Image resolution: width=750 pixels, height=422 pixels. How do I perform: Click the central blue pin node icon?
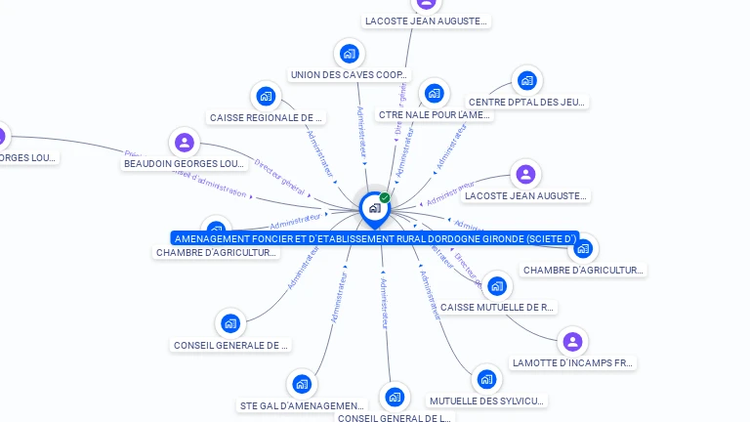coord(373,208)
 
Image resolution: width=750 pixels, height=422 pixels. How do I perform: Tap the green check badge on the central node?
coord(385,197)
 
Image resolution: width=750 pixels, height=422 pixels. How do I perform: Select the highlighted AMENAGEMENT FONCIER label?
coord(375,238)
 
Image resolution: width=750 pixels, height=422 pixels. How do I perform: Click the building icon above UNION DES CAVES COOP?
coord(349,54)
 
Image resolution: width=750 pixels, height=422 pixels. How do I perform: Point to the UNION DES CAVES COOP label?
coord(350,75)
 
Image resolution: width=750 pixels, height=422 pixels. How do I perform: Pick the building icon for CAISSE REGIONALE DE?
coord(266,97)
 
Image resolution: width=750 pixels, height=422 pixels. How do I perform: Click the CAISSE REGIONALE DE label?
coord(266,118)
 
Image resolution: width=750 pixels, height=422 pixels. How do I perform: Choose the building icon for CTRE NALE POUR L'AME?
coord(434,94)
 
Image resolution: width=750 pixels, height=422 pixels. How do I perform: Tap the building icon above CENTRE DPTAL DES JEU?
coord(527,80)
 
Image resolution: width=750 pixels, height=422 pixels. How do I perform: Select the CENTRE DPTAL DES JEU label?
coord(527,102)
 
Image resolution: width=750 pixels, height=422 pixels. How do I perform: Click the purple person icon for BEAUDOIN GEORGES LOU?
coord(185,143)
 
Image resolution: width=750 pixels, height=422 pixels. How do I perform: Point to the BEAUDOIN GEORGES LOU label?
coord(185,164)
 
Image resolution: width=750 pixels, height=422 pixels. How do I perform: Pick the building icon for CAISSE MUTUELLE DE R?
coord(497,286)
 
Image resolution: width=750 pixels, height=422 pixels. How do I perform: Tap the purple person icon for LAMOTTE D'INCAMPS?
coord(573,342)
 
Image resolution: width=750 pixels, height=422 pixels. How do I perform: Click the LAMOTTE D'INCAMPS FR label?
coord(573,363)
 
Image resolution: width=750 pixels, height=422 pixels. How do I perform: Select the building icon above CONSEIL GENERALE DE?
coord(230,323)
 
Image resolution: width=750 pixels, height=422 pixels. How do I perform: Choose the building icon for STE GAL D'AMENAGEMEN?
coord(301,384)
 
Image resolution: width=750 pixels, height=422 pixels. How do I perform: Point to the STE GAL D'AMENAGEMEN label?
coord(301,405)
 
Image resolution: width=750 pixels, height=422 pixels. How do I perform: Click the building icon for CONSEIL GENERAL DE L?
coord(394,398)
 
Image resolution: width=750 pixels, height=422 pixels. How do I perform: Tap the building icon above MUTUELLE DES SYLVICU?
coord(486,379)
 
